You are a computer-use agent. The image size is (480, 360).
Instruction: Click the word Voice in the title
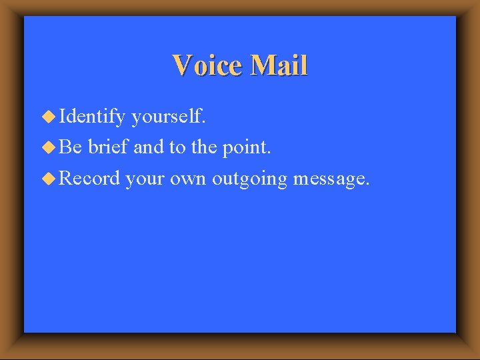click(x=207, y=66)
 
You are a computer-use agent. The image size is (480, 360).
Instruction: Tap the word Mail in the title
click(x=279, y=66)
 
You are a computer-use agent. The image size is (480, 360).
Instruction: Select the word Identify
click(x=92, y=118)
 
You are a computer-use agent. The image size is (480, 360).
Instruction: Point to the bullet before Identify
click(x=50, y=117)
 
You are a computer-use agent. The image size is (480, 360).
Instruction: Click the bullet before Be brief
click(x=50, y=147)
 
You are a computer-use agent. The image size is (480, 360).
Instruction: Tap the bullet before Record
click(x=50, y=178)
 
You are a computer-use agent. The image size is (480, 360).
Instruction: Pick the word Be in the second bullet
click(x=70, y=147)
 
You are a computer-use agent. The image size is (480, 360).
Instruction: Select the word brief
click(x=109, y=147)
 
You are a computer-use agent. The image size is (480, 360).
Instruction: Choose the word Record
click(x=89, y=178)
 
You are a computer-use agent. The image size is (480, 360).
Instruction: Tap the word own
click(x=188, y=179)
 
